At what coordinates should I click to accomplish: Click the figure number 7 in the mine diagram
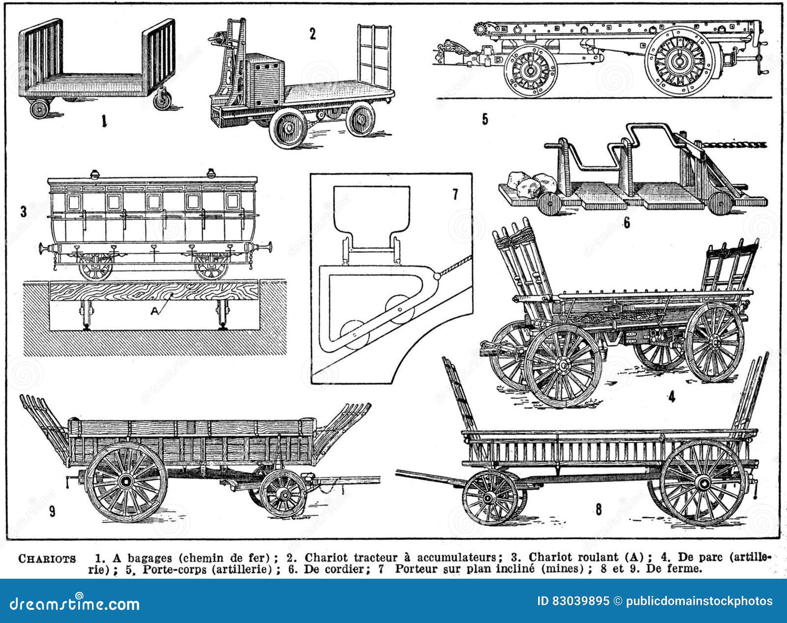[455, 195]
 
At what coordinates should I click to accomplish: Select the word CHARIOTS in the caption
[47, 559]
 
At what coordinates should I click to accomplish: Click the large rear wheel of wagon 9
[127, 480]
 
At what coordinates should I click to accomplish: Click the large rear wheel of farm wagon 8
[702, 482]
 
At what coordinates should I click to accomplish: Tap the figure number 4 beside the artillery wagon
[672, 397]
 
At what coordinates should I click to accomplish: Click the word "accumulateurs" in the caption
[458, 558]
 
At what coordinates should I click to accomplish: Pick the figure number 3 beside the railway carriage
[23, 212]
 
